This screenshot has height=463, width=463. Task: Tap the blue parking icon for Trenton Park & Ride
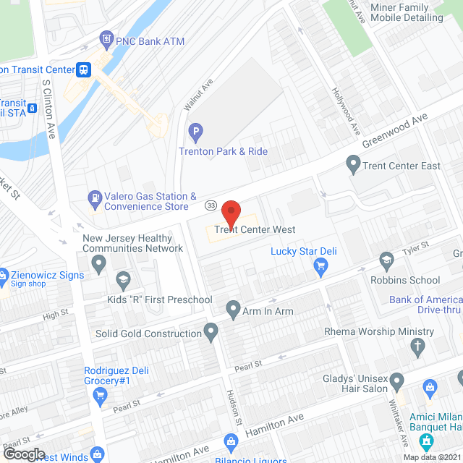pos(195,132)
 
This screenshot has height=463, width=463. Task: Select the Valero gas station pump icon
pos(95,197)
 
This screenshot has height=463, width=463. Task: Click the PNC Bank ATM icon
pos(106,38)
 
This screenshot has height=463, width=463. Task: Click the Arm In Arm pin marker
pos(233,310)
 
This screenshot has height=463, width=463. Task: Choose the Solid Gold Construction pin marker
pos(211,333)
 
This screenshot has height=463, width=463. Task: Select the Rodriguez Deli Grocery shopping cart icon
pos(101,394)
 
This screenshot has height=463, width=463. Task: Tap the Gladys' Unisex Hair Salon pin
pos(397,381)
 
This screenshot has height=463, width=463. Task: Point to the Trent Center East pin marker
pos(354,166)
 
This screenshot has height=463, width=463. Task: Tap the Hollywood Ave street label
pos(346,111)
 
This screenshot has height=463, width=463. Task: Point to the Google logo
pos(24,454)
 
